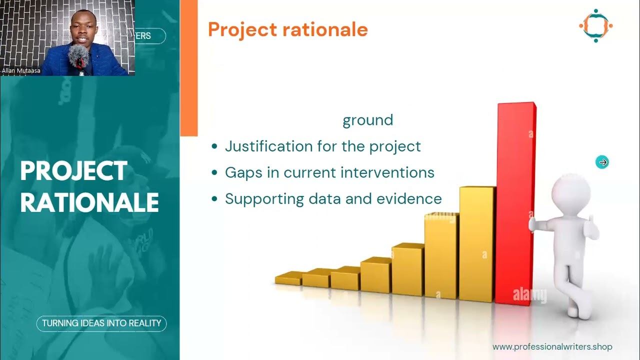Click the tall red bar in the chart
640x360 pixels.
pos(515,200)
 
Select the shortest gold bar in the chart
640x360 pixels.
pos(288,279)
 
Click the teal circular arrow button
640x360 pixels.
pos(602,162)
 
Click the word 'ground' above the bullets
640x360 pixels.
pos(367,120)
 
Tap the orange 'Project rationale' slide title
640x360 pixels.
pos(287,29)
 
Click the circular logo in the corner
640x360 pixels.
pos(595,25)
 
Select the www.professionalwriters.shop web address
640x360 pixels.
pos(552,346)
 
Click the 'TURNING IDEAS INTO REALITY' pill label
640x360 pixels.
pos(101,323)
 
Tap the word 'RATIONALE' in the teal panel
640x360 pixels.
pos(89,203)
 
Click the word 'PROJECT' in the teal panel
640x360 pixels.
pos(73,171)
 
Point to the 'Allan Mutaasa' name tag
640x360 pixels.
pos(21,71)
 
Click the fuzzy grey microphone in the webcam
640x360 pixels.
pos(78,56)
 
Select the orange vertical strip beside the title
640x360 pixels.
pos(188,67)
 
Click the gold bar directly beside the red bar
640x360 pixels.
pos(476,242)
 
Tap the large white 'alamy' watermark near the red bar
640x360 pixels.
pos(529,295)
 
